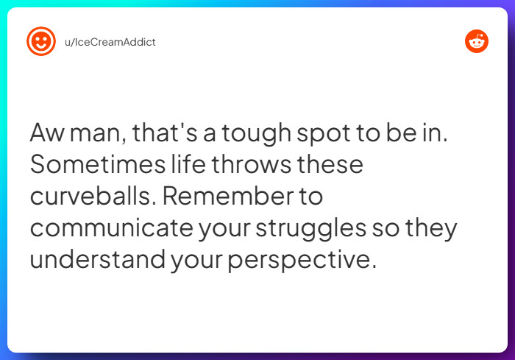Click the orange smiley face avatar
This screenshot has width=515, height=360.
pyautogui.click(x=41, y=41)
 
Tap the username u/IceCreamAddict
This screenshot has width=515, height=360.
pyautogui.click(x=110, y=42)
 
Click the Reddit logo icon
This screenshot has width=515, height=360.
pyautogui.click(x=477, y=41)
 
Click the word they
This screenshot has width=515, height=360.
pyautogui.click(x=432, y=228)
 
